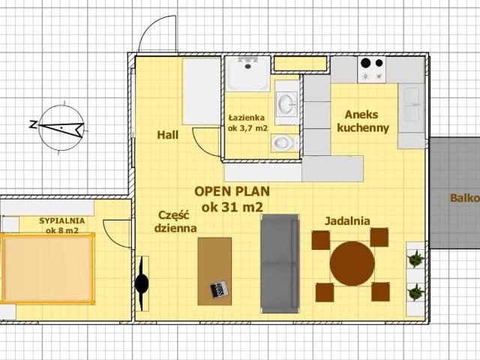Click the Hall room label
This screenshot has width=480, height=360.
tap(167, 135)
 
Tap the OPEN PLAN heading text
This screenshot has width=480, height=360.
tap(232, 192)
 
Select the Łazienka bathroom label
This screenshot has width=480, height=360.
tap(247, 118)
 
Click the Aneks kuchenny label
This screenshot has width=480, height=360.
tap(363, 121)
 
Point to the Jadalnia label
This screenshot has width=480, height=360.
tap(347, 220)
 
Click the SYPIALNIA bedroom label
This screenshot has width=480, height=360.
tap(61, 220)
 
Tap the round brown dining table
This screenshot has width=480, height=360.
tap(352, 263)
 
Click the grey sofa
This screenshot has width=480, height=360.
tap(280, 263)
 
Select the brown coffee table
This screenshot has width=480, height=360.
tap(214, 271)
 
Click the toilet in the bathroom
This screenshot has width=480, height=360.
tap(285, 142)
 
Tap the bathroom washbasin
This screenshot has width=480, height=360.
tap(286, 102)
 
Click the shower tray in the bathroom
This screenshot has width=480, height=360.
tap(247, 73)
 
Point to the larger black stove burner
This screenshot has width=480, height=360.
tap(365, 63)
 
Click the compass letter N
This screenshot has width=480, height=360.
tap(33, 124)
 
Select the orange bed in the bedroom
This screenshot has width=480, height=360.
tap(47, 268)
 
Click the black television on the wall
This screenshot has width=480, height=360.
tap(142, 283)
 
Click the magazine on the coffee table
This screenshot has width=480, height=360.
tap(219, 289)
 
